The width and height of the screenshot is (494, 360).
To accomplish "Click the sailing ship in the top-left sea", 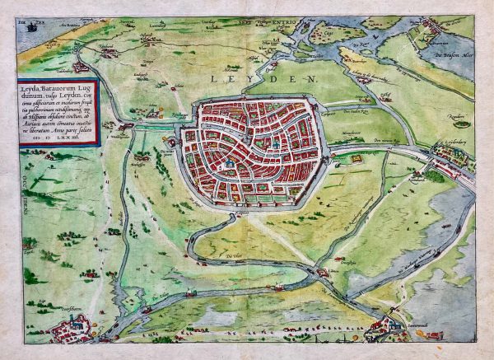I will (30, 26).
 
